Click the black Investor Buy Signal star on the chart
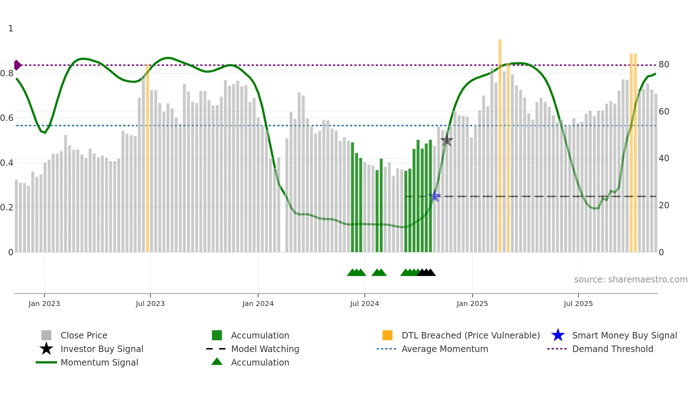447,140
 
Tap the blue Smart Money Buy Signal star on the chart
435,196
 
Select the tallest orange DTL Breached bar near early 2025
500,143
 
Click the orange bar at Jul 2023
148,157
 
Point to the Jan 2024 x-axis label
258,303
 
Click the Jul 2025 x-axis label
578,303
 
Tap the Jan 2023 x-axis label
44,303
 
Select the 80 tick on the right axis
664,65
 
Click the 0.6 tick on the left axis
7,118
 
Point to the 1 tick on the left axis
11,29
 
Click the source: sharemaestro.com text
631,280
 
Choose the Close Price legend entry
84,335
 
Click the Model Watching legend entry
265,349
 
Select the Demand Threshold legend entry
612,349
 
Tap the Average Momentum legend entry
444,349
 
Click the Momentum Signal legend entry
99,362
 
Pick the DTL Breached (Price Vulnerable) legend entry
470,335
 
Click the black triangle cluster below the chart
427,273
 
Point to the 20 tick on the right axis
664,205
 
